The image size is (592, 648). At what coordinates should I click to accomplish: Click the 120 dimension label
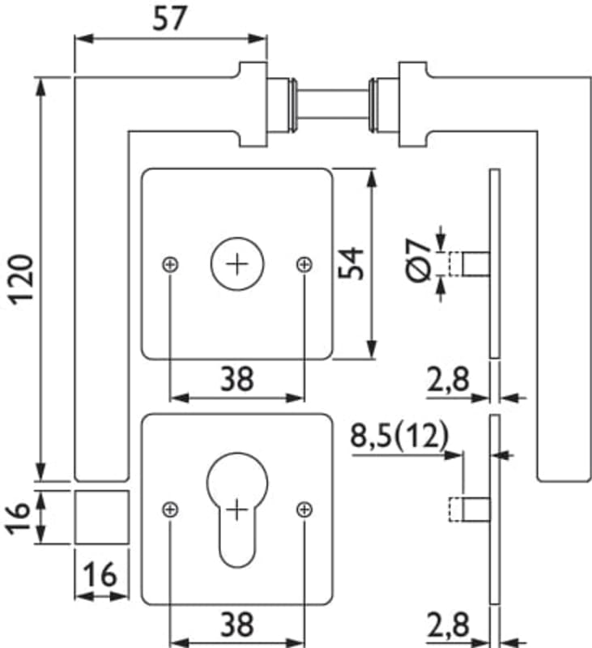[22, 279]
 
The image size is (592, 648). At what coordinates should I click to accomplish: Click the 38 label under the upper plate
[236, 378]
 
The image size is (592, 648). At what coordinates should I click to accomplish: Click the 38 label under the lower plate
[236, 624]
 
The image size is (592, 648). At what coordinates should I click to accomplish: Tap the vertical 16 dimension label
[22, 517]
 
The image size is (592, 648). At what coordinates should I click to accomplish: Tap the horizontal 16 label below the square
[101, 576]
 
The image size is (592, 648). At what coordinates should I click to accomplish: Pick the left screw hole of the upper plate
[170, 263]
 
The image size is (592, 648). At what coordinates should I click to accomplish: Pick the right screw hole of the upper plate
[304, 263]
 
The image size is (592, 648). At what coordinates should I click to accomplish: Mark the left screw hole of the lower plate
[170, 509]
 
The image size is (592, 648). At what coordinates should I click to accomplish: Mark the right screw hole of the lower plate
[304, 509]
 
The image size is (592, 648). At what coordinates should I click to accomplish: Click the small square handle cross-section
[101, 517]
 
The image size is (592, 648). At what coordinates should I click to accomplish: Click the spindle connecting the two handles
[333, 104]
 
